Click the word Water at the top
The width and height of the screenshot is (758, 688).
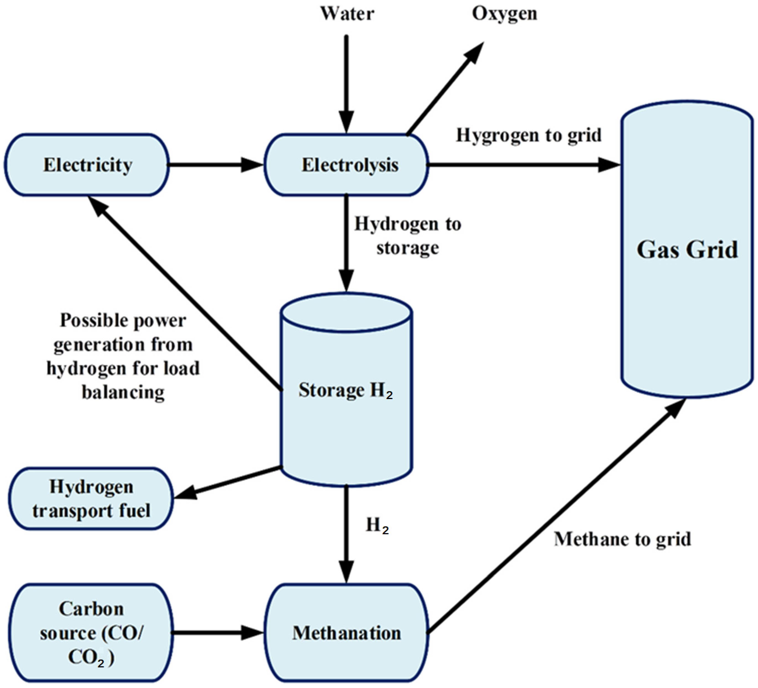pos(347,14)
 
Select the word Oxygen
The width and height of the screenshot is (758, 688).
pos(504,14)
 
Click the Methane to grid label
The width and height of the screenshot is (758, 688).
pos(622,539)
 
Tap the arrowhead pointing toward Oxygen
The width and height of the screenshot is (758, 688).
pos(475,53)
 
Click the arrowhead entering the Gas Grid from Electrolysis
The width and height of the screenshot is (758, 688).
pos(608,165)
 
